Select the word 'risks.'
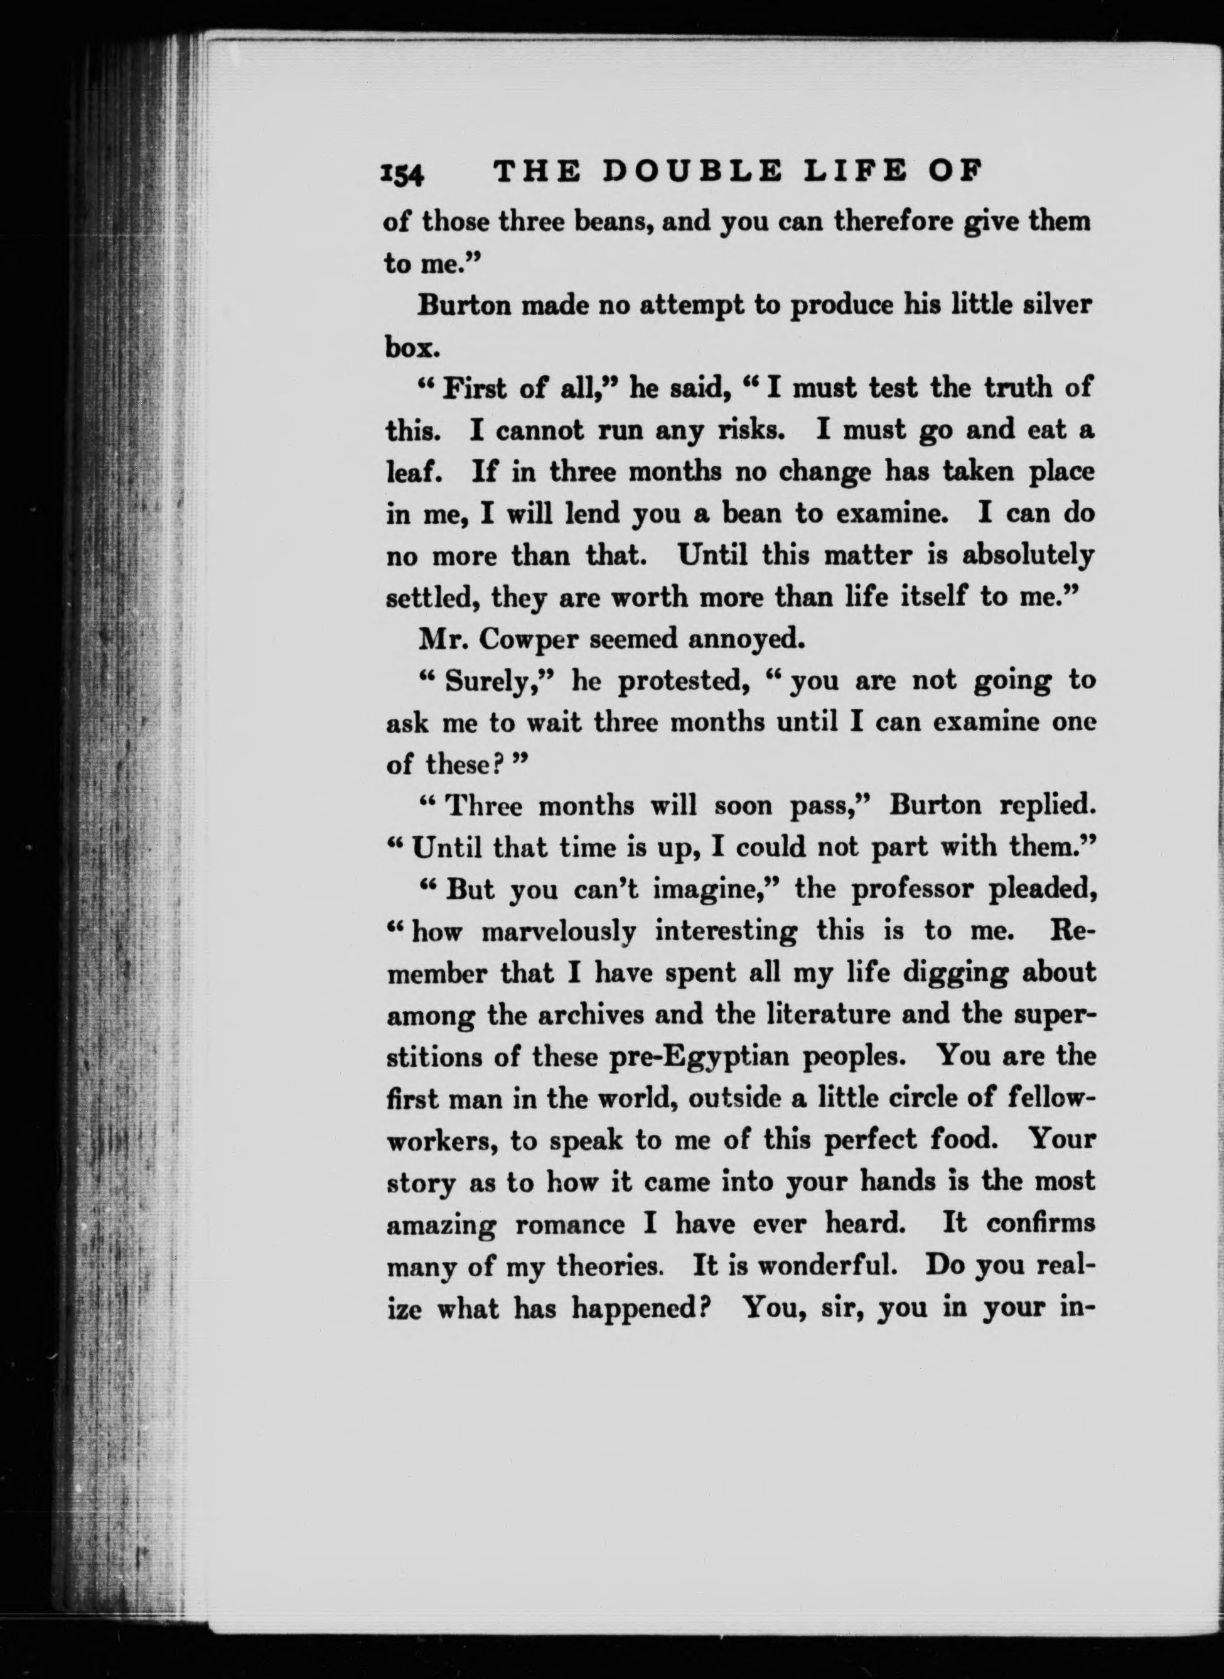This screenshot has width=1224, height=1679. pos(751,430)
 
